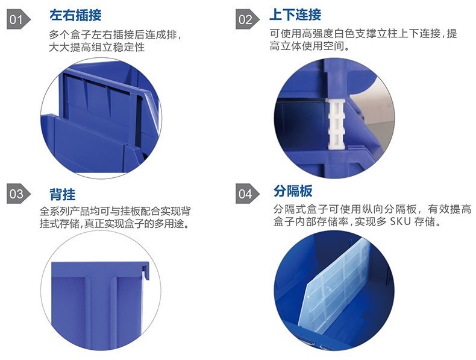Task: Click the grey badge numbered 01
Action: (x=18, y=20)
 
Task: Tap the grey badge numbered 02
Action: (x=247, y=20)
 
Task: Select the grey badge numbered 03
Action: (x=18, y=194)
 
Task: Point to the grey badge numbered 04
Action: (x=247, y=194)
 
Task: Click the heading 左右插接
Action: (x=75, y=15)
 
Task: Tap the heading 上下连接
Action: (x=295, y=14)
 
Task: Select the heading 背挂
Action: (x=63, y=194)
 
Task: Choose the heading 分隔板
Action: (x=293, y=191)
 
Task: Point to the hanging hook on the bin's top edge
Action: (x=146, y=271)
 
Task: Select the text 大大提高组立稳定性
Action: (x=96, y=47)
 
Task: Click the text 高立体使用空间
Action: (x=309, y=46)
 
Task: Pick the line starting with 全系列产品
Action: (x=115, y=211)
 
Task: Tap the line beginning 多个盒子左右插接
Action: (x=115, y=34)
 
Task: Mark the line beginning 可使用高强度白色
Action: (x=363, y=33)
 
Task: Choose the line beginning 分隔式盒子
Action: (x=372, y=209)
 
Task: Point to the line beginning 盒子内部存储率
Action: (x=357, y=221)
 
